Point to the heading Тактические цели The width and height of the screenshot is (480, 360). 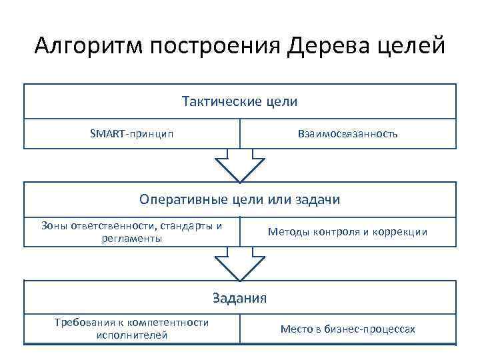pos(239,102)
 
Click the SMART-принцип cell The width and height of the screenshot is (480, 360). pos(131,133)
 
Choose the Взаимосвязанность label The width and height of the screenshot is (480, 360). pos(347,133)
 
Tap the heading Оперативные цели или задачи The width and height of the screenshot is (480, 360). pos(239,199)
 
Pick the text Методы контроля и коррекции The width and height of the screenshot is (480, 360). pos(347,232)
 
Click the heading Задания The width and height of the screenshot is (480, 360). pos(239,298)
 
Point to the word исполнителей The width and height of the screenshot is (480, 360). pos(131,335)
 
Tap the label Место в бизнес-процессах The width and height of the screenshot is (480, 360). pos(347,329)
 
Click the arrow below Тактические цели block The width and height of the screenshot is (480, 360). pos(239,165)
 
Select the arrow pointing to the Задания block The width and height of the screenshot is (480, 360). pos(239,264)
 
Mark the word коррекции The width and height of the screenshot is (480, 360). pos(402,232)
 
